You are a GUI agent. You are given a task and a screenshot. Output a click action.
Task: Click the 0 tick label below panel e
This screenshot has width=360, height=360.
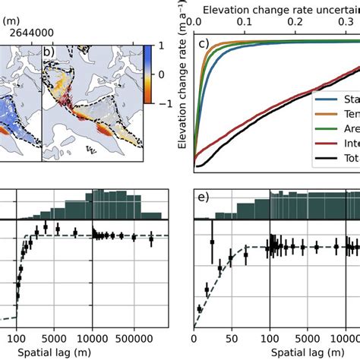point(195,339)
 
